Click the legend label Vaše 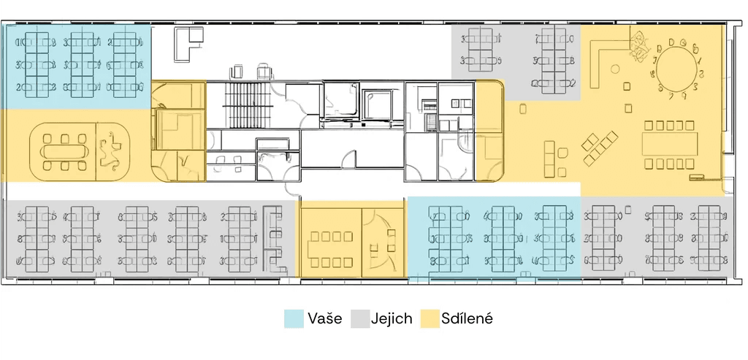point(324,318)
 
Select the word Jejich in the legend point(392,318)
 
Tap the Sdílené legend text point(467,318)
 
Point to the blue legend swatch point(294,318)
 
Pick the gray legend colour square point(360,318)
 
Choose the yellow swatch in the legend point(430,318)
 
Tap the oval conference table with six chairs point(64,152)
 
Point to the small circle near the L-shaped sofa point(615,69)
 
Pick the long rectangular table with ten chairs point(669,145)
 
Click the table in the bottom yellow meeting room point(332,249)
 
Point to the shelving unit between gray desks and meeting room point(275,238)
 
